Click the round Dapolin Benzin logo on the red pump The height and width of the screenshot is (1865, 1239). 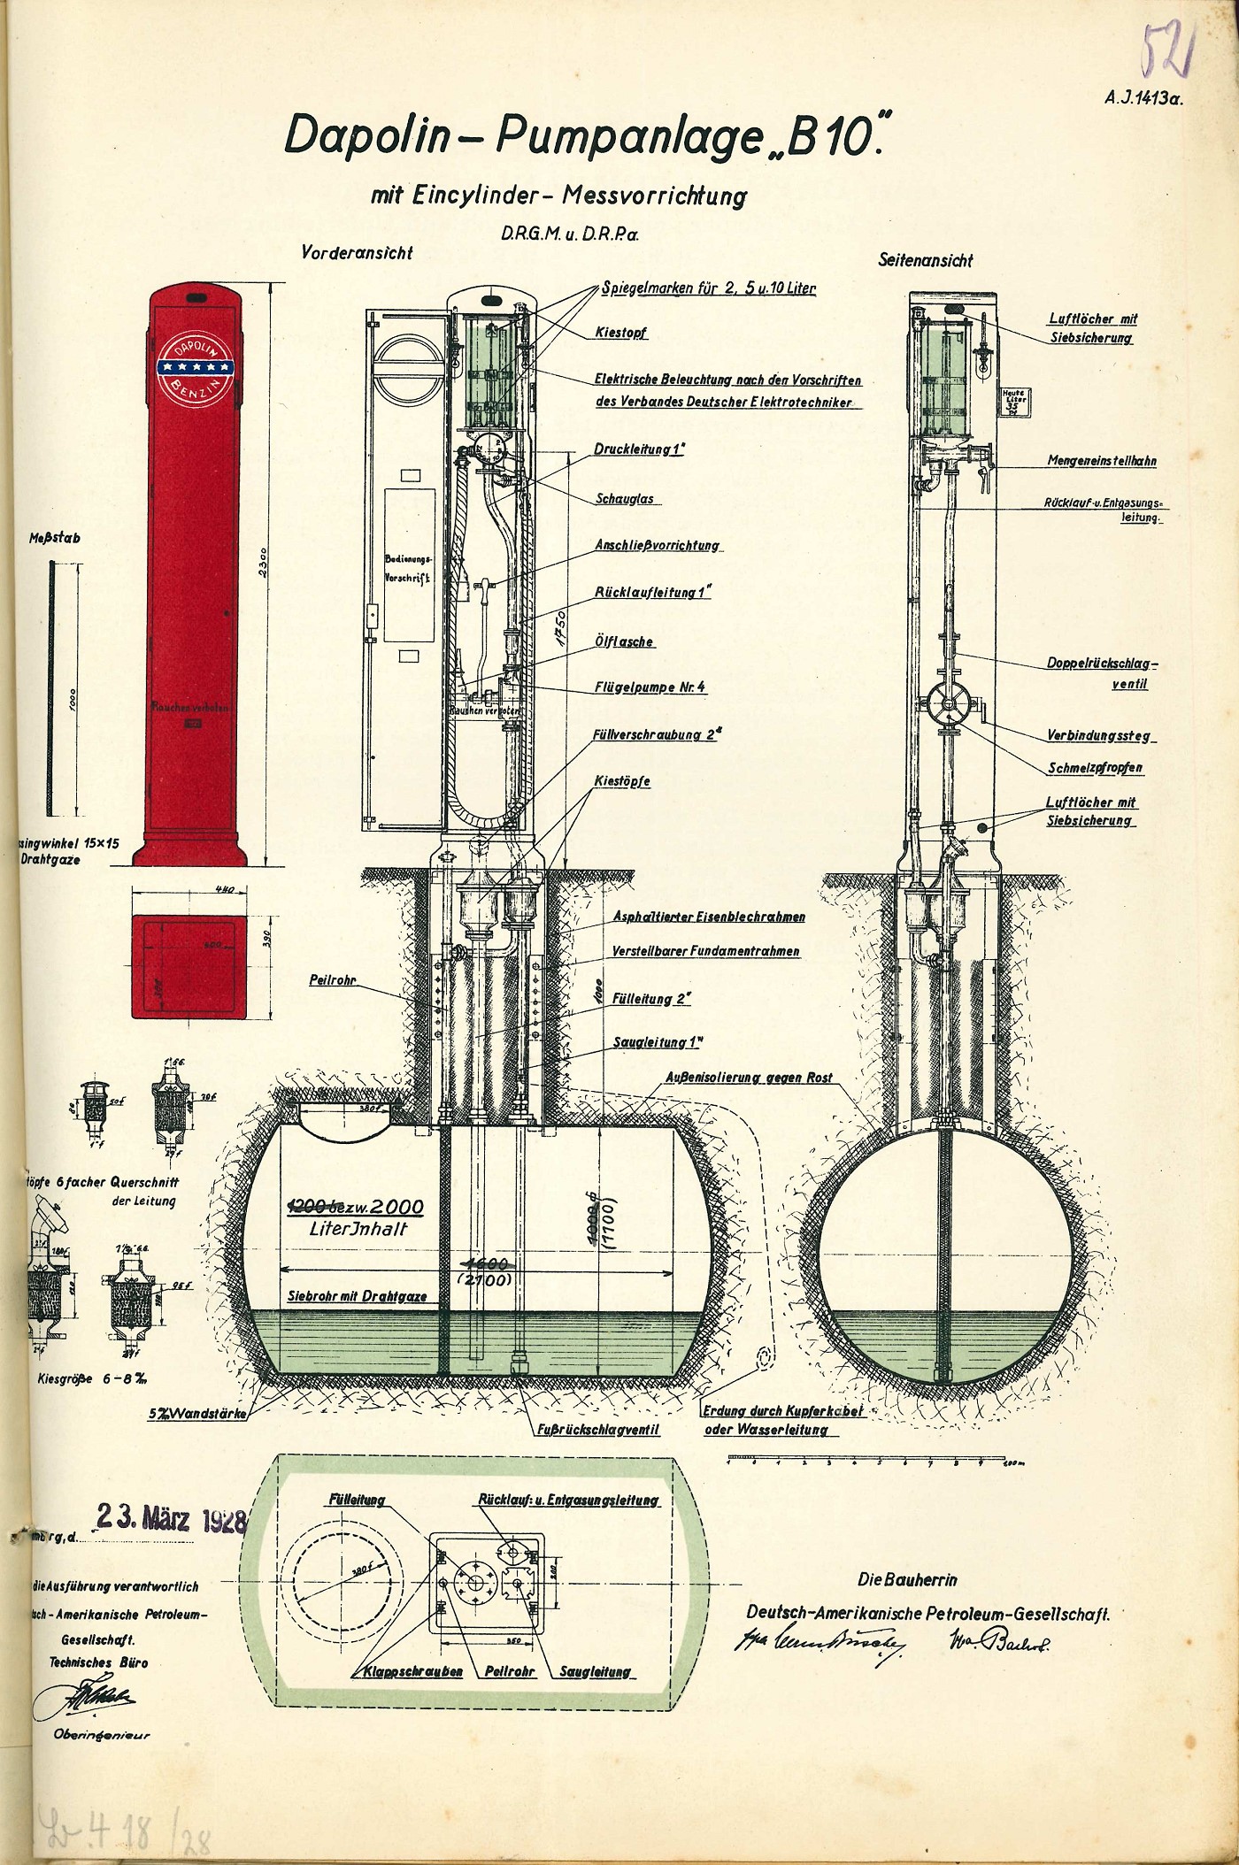[194, 365]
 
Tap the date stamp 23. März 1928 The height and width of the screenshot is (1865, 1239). [172, 1518]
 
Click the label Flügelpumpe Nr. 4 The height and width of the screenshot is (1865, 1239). [650, 687]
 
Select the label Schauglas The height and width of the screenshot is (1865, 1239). [625, 499]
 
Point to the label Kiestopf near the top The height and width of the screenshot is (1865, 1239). [621, 333]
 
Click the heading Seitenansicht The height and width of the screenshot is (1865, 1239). [925, 260]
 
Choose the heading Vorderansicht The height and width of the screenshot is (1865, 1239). [357, 252]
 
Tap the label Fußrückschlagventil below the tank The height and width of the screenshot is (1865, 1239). [598, 1429]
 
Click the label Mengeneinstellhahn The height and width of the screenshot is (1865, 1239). [1102, 461]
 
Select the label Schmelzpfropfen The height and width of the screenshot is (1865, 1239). [1095, 768]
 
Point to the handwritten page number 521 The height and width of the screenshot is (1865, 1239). [1168, 50]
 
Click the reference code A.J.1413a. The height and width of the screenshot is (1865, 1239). [1143, 99]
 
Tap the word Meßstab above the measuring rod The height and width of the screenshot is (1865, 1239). [55, 538]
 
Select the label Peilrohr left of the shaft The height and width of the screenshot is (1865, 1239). [333, 980]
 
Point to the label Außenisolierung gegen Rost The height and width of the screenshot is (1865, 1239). [749, 1078]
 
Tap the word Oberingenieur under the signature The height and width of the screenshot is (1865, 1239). [102, 1735]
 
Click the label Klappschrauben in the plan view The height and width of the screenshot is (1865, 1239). [413, 1672]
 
